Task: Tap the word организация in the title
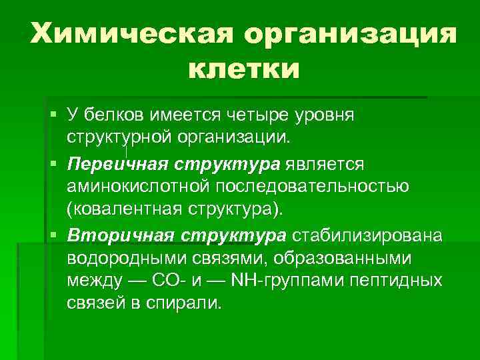pos(351,34)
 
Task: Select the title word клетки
pos(244,69)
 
